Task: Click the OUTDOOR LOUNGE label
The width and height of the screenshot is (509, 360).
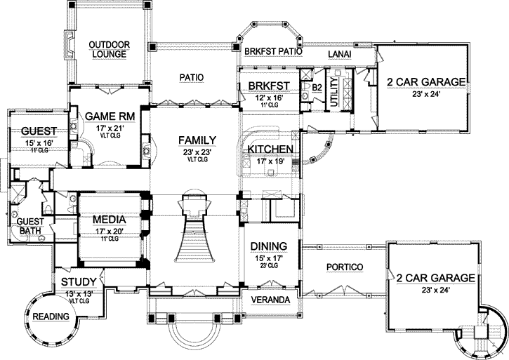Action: coord(105,51)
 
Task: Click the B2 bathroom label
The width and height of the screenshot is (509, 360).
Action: coord(317,87)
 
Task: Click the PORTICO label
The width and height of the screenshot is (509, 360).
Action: coord(345,268)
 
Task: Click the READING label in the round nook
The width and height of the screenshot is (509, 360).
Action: coord(51,316)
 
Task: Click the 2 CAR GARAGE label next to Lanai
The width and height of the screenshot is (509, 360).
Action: coord(425,82)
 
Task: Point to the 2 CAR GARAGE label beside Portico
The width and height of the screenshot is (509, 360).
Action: coord(435,278)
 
